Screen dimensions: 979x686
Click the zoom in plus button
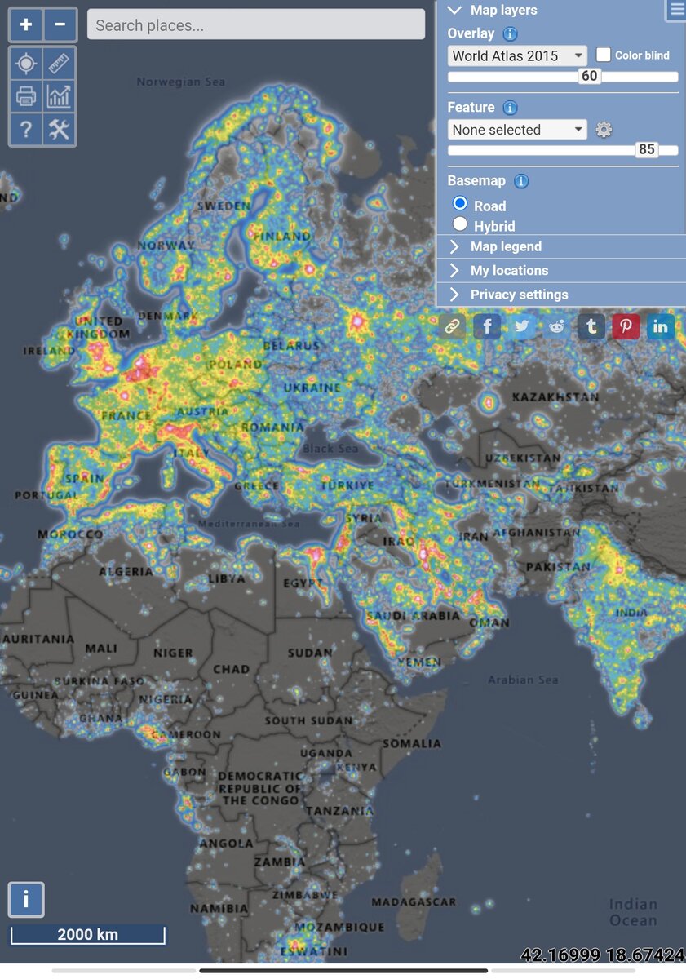[x=26, y=24]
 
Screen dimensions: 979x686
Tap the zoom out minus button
[x=60, y=24]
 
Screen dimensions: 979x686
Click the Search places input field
[x=256, y=24]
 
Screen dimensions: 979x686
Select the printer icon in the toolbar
[x=26, y=96]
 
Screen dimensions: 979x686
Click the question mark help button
[x=26, y=129]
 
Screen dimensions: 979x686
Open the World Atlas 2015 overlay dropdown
[x=517, y=55]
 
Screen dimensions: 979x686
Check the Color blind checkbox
[x=604, y=55]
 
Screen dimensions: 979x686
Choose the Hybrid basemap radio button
[x=460, y=224]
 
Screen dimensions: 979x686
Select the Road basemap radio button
[x=460, y=204]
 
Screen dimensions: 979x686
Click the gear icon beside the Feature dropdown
[x=604, y=130]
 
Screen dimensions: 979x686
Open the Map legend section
[x=506, y=246]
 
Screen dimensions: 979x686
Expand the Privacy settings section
[x=519, y=295]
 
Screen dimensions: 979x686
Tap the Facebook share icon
[x=487, y=327]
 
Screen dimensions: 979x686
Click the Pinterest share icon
[x=626, y=327]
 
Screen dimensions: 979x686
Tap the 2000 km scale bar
[x=87, y=935]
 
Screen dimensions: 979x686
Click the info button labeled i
[x=26, y=899]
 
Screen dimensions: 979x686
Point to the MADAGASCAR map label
[x=414, y=902]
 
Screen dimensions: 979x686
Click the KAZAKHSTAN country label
[x=555, y=397]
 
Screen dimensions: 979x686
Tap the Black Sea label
[x=330, y=449]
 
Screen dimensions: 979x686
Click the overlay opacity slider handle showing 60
[x=589, y=77]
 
